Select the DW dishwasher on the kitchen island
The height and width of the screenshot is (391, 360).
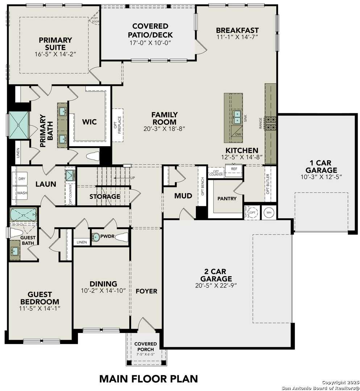tap(237, 134)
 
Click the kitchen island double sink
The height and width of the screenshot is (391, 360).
tap(237, 117)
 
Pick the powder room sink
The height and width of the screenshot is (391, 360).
tap(96, 237)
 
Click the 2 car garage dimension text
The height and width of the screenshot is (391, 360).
tap(216, 285)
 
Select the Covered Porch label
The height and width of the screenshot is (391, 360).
tap(146, 346)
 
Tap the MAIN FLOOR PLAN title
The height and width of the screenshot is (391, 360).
tap(148, 379)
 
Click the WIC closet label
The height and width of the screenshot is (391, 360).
tap(89, 122)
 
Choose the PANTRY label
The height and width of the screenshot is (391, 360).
tap(227, 198)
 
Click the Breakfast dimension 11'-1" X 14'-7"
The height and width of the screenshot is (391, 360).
tap(237, 37)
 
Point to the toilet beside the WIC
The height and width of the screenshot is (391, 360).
tap(93, 156)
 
